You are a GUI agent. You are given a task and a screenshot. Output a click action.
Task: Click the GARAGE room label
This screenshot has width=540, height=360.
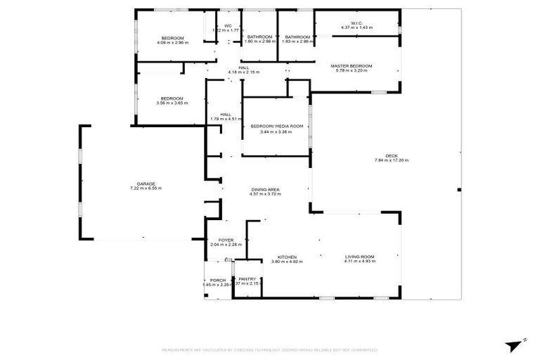coord(146,184)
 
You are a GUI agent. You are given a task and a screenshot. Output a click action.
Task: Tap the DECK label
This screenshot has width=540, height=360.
coord(391,155)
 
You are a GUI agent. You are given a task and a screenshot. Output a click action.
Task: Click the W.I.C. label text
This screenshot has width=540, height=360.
coord(356,22)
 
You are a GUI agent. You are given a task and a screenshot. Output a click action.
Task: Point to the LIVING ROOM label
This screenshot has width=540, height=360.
coord(359,257)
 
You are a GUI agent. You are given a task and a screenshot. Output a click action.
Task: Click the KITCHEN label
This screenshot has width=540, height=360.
coord(286,257)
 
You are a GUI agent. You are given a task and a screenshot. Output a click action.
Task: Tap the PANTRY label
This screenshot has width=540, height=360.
coord(247,278)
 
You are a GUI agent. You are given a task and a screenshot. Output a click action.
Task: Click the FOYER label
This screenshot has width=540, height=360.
coord(226,240)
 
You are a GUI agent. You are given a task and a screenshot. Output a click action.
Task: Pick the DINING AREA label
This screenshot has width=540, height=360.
coord(266,190)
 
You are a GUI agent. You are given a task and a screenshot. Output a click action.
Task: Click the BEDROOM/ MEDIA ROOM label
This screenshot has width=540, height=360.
coord(276,127)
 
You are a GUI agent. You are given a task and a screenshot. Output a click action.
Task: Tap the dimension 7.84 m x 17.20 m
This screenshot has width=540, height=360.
coord(391,161)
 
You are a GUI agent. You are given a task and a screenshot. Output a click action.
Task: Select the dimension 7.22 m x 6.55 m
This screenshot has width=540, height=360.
coord(146,188)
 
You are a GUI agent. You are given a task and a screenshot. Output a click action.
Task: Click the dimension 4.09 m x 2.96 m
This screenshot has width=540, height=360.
coord(172,43)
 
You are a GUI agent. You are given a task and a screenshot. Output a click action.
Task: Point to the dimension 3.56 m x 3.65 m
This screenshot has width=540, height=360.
coord(172,103)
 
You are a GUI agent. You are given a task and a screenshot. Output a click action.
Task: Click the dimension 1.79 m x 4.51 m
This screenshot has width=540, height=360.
coord(225,120)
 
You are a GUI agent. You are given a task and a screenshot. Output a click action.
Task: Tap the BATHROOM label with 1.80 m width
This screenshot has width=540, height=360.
coord(259,37)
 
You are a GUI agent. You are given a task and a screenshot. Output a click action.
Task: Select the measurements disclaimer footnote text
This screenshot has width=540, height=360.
coord(270,349)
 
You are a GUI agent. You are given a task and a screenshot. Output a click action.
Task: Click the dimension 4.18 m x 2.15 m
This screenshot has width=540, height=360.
coord(243,72)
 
